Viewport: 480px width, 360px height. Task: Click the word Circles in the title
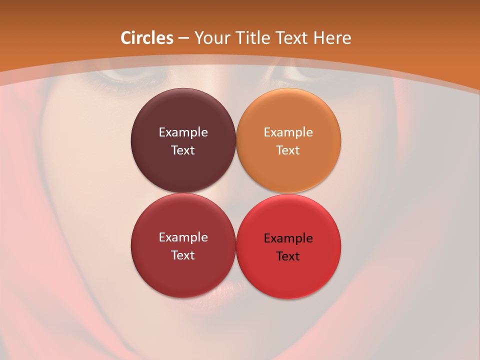[146, 38]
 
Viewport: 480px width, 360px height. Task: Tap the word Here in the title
[332, 38]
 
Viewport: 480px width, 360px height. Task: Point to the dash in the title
[183, 38]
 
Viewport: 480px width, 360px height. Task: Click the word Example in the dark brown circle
[183, 132]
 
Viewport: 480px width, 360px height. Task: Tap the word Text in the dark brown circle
[183, 150]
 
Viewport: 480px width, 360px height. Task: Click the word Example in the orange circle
[288, 132]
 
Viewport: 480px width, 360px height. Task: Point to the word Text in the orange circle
[288, 150]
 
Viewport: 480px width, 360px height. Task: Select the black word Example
[288, 238]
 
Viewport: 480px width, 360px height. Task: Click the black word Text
[288, 256]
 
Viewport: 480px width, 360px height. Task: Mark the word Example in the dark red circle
[183, 237]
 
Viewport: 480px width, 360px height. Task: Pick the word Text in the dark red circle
[183, 255]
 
